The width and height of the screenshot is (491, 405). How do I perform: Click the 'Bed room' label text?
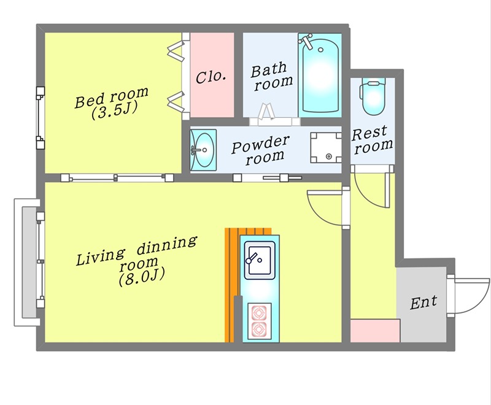click(112, 98)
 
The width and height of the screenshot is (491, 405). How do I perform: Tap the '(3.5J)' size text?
click(115, 112)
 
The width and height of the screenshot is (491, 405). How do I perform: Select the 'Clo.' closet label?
click(211, 76)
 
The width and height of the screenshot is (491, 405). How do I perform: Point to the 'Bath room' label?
click(271, 76)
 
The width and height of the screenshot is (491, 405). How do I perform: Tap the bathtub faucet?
click(306, 40)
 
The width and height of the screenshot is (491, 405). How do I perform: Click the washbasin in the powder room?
click(203, 150)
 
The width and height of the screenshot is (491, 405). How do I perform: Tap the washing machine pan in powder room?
click(326, 148)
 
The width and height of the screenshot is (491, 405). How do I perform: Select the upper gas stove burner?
click(259, 313)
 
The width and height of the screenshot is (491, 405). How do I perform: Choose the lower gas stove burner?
click(259, 329)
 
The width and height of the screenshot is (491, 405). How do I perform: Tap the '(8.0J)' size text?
click(142, 277)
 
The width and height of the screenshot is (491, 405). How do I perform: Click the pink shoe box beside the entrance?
click(375, 331)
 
